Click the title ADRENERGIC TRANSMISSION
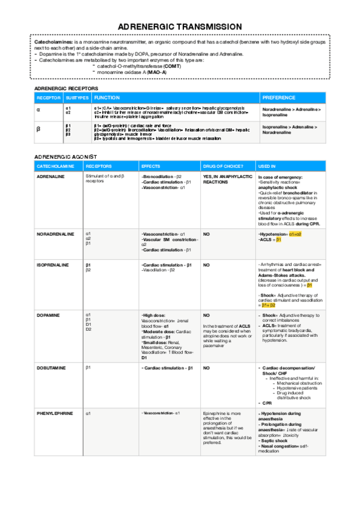(x=180, y=27)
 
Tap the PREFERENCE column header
(x=278, y=97)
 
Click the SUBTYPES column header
(x=78, y=97)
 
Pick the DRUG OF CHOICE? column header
(x=223, y=165)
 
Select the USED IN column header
(x=267, y=165)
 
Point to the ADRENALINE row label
(x=51, y=177)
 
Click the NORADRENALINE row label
(x=55, y=233)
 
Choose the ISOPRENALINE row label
(x=53, y=265)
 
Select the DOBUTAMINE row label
(x=52, y=367)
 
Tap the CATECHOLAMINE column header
(x=55, y=165)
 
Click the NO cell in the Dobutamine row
(x=206, y=367)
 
